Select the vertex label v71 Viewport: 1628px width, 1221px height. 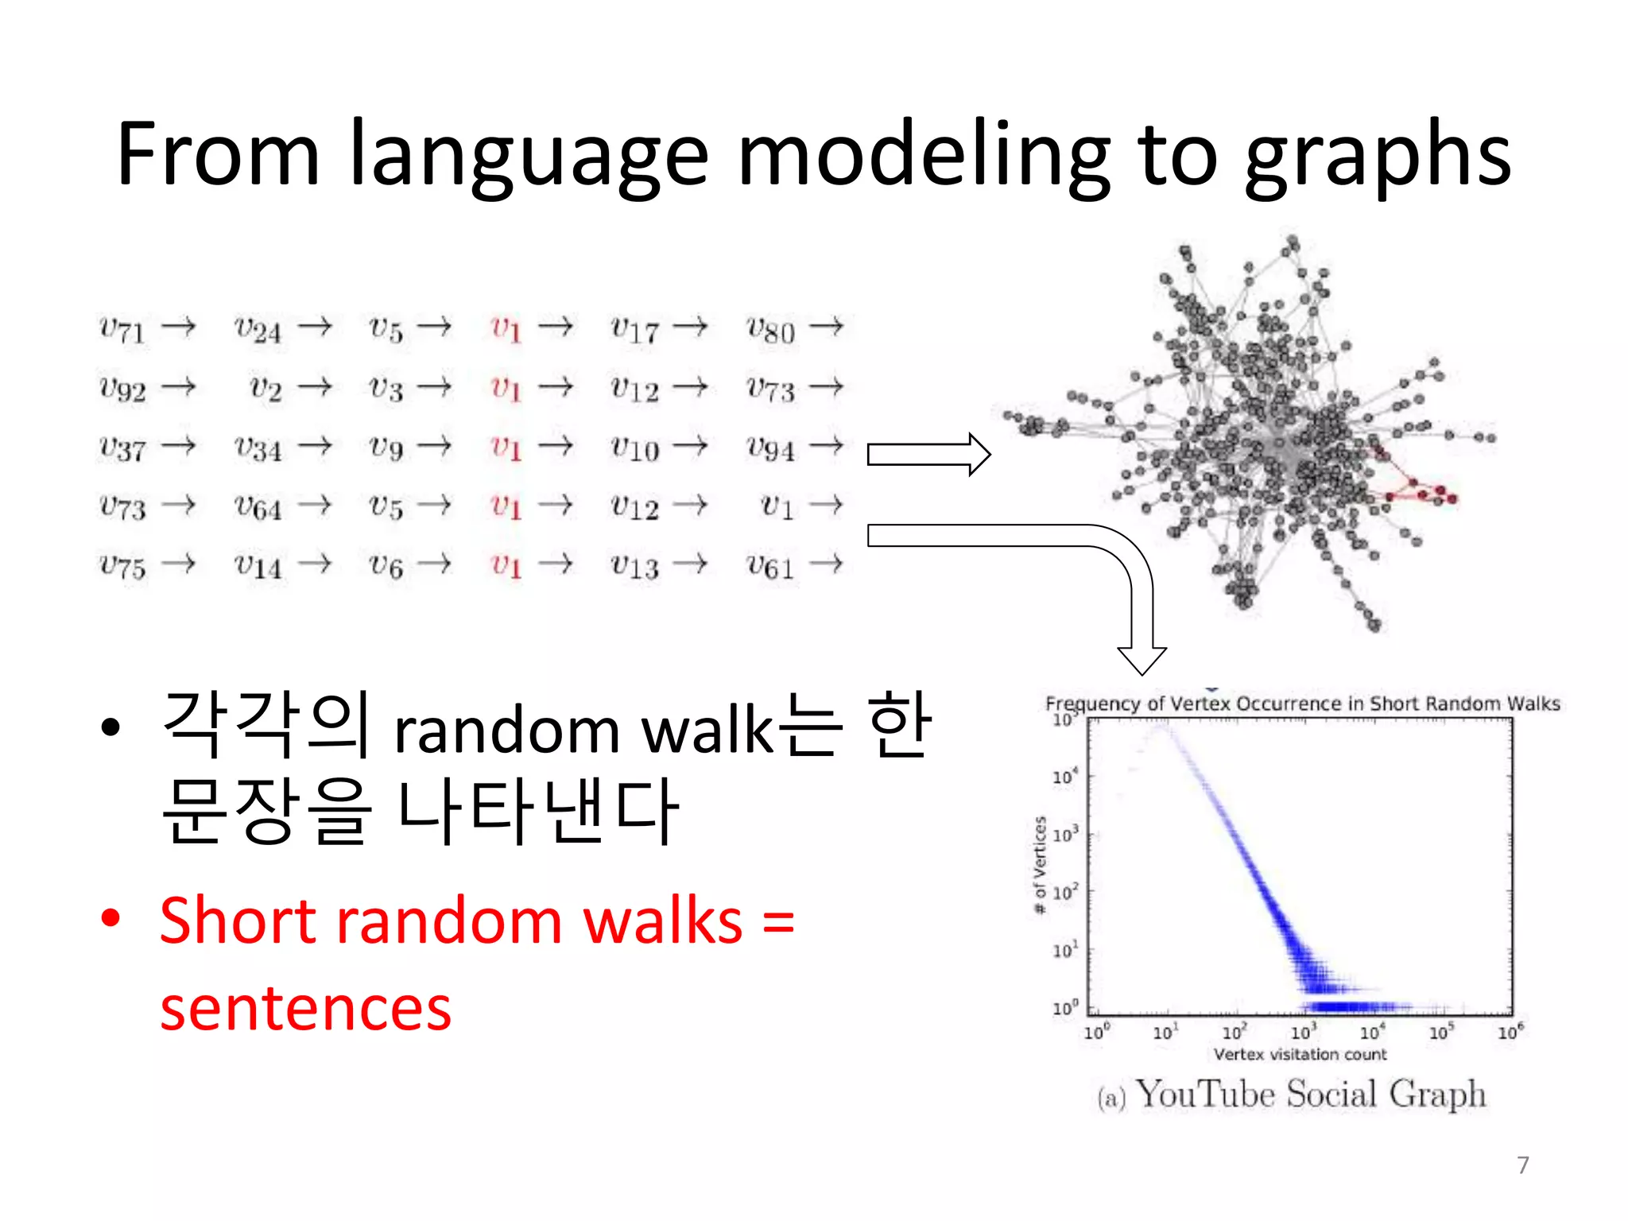(x=122, y=328)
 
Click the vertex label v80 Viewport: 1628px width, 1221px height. (x=770, y=328)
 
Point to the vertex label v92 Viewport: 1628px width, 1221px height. (x=122, y=389)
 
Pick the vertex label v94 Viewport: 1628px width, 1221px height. (x=770, y=448)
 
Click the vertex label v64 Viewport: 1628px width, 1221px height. (x=258, y=507)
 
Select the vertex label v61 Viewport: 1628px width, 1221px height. (x=770, y=567)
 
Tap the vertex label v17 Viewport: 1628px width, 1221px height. (x=634, y=328)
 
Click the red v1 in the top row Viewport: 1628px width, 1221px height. (x=506, y=328)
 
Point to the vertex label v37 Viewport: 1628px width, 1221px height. (x=122, y=448)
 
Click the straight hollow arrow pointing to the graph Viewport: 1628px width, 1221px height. (x=928, y=455)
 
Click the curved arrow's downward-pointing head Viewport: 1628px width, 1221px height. (x=1142, y=659)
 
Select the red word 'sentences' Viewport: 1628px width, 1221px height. (x=305, y=1008)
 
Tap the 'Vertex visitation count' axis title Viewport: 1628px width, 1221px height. (x=1300, y=1054)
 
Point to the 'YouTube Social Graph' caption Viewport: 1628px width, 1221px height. (x=1309, y=1095)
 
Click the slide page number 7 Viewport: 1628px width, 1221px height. (x=1522, y=1165)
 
